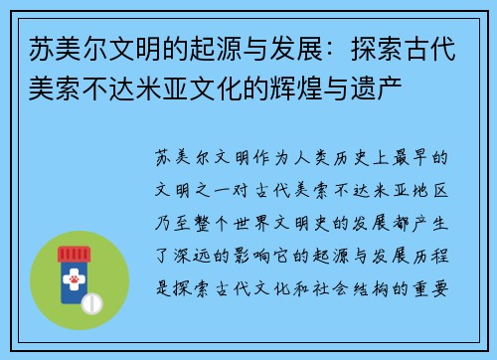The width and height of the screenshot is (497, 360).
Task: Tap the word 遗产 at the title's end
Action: (x=402, y=71)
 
